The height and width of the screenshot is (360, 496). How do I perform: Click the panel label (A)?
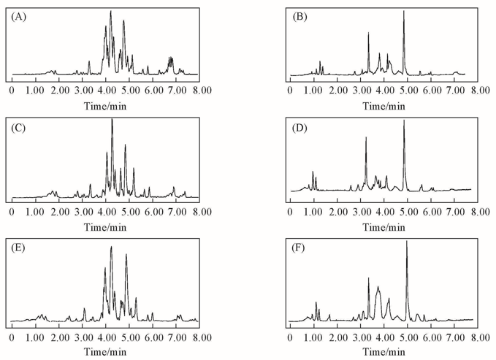pos(18,18)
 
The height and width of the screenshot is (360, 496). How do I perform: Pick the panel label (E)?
pos(18,248)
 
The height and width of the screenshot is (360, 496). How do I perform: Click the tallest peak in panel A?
pos(110,11)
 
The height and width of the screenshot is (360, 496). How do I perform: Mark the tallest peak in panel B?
pos(403,11)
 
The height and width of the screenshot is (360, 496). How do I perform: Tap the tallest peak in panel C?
pos(112,120)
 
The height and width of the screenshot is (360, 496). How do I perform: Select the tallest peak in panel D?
pos(404,120)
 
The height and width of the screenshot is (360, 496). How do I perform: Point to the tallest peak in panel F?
pos(407,241)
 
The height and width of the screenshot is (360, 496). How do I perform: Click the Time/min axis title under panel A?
pos(107,104)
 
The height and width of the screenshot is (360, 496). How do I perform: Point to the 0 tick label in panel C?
pos(12,211)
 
